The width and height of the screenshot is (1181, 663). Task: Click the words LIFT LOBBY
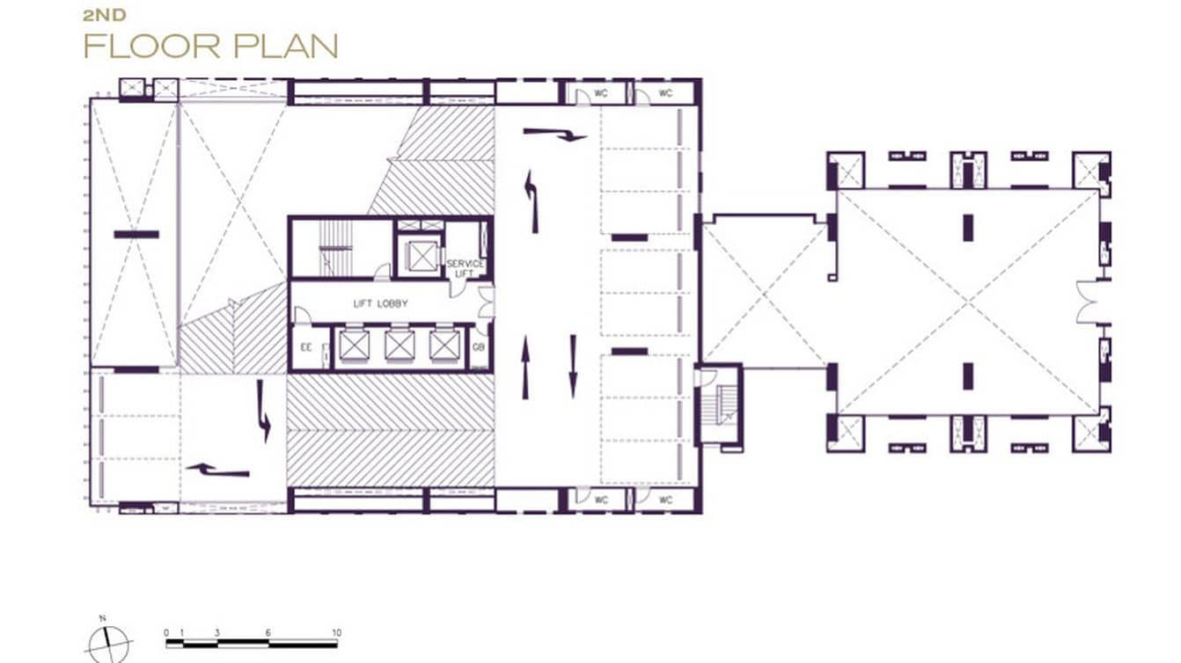380,303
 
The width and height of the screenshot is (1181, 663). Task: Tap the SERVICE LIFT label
466,269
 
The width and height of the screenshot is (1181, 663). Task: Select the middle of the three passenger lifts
399,346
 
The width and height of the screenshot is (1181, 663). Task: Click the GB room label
479,347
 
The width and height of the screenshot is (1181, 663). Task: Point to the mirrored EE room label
304,347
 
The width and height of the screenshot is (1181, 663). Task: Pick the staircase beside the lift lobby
335,247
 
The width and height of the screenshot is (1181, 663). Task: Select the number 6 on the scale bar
268,633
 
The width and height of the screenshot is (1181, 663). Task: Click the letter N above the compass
103,619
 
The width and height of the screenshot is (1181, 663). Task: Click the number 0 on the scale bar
166,633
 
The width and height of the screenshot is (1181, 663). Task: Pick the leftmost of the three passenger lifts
353,346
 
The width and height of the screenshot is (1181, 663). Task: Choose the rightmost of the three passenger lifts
444,346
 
